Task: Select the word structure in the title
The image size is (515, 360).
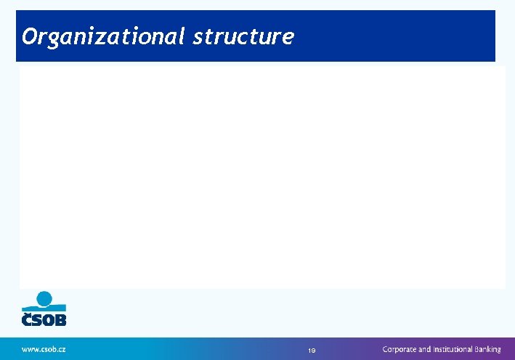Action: (x=243, y=36)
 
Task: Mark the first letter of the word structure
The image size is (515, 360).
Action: (x=198, y=37)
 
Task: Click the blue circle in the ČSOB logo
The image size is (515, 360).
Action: (x=44, y=298)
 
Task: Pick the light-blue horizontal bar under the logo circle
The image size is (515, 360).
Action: (x=44, y=307)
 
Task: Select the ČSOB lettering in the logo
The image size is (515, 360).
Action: (x=44, y=319)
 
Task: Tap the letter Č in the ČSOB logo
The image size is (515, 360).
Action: (x=26, y=319)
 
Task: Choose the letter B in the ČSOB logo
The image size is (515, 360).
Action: (x=60, y=319)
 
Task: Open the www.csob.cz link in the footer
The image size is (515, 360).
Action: (x=44, y=349)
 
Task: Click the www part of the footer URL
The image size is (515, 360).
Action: (x=29, y=349)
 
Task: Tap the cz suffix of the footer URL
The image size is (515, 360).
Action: (x=62, y=349)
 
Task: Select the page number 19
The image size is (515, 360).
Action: (x=311, y=351)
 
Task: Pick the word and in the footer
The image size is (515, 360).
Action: (x=424, y=349)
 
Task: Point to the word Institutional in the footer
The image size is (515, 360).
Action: (x=453, y=349)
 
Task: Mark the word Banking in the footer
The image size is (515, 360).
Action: (x=487, y=349)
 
